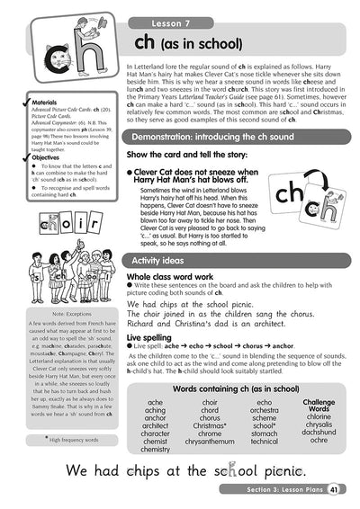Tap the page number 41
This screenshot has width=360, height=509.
coord(334,489)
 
